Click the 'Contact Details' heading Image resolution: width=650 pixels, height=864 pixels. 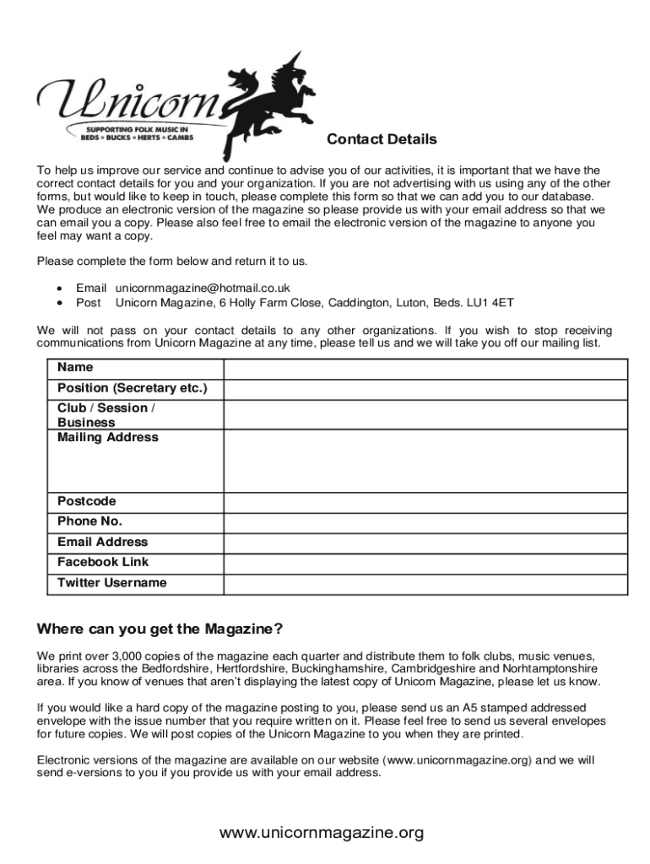[382, 139]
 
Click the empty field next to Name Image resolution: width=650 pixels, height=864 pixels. [425, 369]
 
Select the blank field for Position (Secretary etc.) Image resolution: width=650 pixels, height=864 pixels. [425, 389]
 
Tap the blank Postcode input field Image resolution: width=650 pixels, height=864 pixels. [425, 502]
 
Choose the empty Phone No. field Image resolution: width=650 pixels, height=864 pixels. [425, 522]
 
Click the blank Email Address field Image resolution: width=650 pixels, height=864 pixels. [425, 543]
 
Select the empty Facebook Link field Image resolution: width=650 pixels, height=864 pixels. [425, 563]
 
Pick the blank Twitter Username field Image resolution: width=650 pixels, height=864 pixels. [425, 584]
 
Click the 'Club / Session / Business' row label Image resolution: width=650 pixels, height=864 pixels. [106, 414]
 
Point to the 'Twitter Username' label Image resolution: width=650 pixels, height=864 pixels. [112, 583]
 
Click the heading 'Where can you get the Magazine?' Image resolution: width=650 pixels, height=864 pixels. [160, 629]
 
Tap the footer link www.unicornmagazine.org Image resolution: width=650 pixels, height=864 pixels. [322, 834]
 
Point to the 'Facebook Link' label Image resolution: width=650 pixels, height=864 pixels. [103, 562]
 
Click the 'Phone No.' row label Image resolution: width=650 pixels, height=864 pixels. [89, 521]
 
